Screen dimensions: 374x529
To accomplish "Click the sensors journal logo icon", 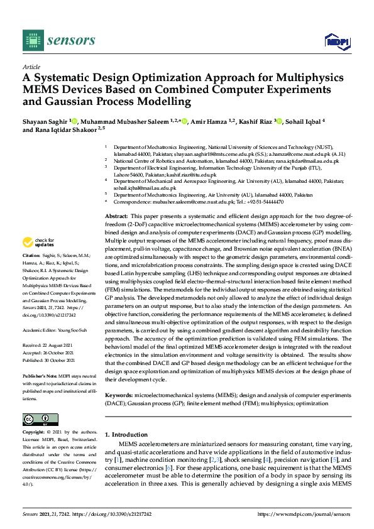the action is pos(31,40).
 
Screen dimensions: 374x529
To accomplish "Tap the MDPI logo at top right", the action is pos(337,41).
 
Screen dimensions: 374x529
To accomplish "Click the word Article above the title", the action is pos(31,67).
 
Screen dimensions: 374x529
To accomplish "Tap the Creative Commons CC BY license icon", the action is pos(40,419).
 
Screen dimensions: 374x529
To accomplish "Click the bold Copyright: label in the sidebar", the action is pos(35,433).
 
